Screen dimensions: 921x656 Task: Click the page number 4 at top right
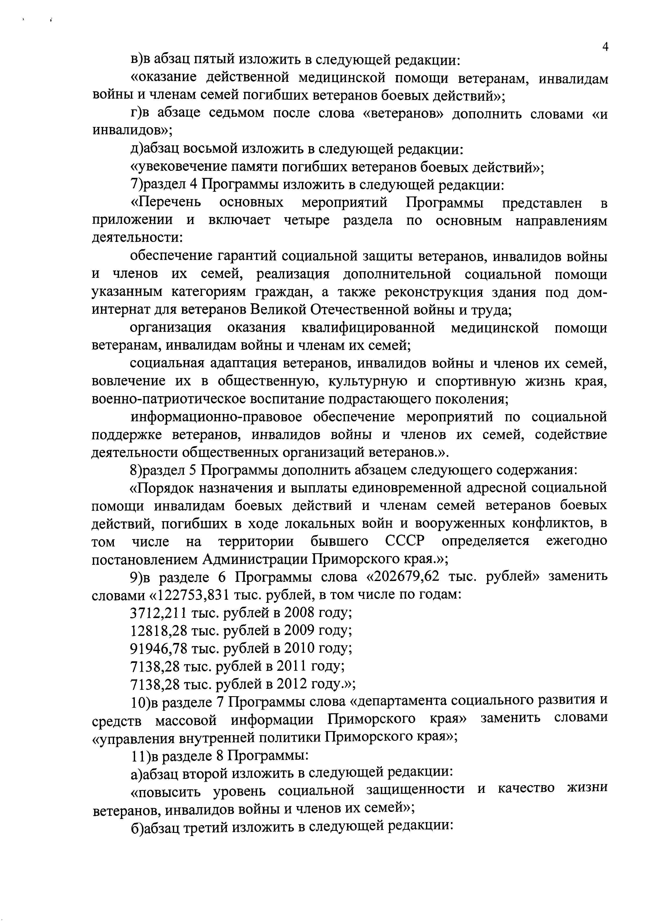(605, 47)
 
